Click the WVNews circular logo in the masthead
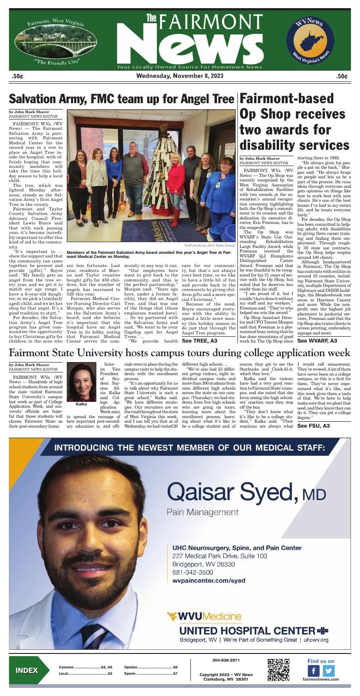(x=310, y=40)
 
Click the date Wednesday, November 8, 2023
(x=180, y=76)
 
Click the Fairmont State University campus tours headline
(x=180, y=353)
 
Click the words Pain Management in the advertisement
(x=202, y=512)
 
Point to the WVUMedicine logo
(x=204, y=616)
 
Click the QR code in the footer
(x=278, y=670)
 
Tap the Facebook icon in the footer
(x=313, y=671)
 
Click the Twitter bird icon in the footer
(x=329, y=671)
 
